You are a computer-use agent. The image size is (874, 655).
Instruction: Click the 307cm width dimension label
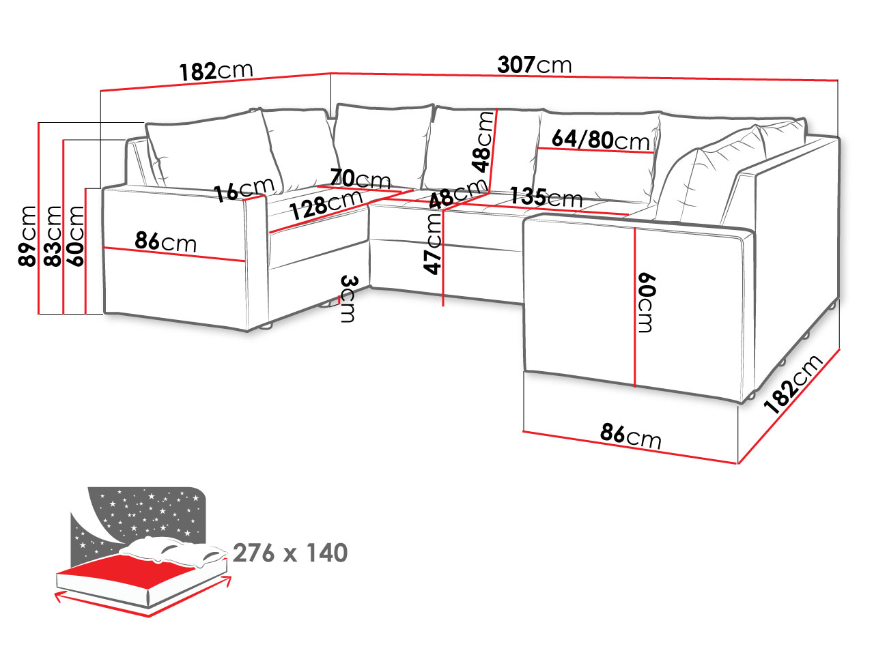[x=534, y=65]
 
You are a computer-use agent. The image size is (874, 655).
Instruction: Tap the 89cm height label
[x=27, y=236]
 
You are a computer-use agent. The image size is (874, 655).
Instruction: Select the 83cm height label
[x=53, y=236]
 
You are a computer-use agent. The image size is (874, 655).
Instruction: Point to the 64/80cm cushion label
[x=600, y=140]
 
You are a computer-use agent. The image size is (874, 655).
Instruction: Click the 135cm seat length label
[x=546, y=196]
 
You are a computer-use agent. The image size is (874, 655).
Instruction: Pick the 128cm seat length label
[x=326, y=204]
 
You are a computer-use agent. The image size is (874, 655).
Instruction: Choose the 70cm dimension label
[x=361, y=179]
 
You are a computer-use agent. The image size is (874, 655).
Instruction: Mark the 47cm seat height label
[x=433, y=244]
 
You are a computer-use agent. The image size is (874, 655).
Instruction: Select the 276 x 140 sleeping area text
[x=290, y=553]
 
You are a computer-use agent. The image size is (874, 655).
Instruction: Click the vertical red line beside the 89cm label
[x=39, y=218]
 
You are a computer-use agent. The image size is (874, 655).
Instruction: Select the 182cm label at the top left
[x=216, y=71]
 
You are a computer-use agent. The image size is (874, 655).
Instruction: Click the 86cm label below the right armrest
[x=630, y=436]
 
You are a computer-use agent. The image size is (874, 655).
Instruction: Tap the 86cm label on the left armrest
[x=166, y=241]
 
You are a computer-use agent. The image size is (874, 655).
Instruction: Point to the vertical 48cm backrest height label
[x=482, y=141]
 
